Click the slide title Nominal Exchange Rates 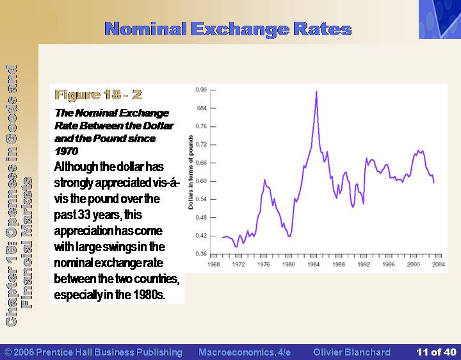coord(228,29)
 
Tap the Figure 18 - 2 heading coord(98,95)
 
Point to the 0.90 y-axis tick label coord(202,90)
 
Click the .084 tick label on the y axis coord(202,108)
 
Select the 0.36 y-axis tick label coord(202,254)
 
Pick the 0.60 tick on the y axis coord(202,181)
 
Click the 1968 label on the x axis coord(213,265)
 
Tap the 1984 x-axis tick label coord(313,265)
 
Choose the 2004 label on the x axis coord(439,265)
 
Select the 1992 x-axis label coord(364,265)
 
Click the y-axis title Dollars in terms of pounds coord(191,172)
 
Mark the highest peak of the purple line coord(316,92)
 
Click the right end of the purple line coord(434,183)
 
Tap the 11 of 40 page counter coord(436,352)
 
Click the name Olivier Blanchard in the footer coord(352,352)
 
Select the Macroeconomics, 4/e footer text coord(245,352)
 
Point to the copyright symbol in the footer coord(8,352)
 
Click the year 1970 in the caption coord(66,151)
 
